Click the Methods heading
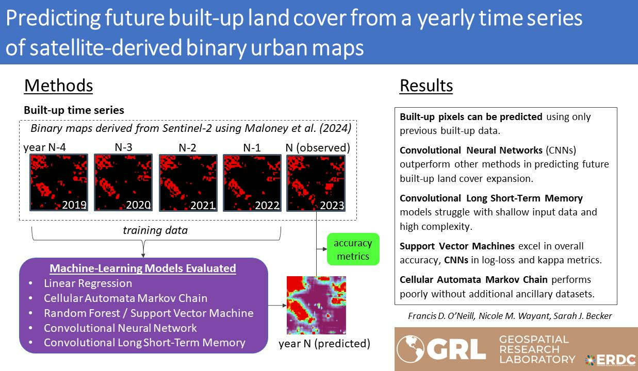click(58, 86)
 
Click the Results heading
click(426, 86)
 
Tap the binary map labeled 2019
click(59, 182)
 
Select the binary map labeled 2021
click(188, 182)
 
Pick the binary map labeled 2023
click(316, 183)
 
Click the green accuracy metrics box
click(353, 249)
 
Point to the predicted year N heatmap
click(316, 305)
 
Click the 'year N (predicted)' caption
click(324, 343)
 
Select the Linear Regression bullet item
click(88, 283)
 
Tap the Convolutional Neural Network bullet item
click(120, 328)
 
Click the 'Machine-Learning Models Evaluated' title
click(143, 268)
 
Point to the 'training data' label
click(155, 230)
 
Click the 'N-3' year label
click(123, 147)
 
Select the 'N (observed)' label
click(318, 148)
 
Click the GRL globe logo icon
click(410, 349)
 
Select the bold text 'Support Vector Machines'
click(457, 246)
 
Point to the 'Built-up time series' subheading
click(74, 110)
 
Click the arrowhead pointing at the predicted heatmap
click(285, 305)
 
